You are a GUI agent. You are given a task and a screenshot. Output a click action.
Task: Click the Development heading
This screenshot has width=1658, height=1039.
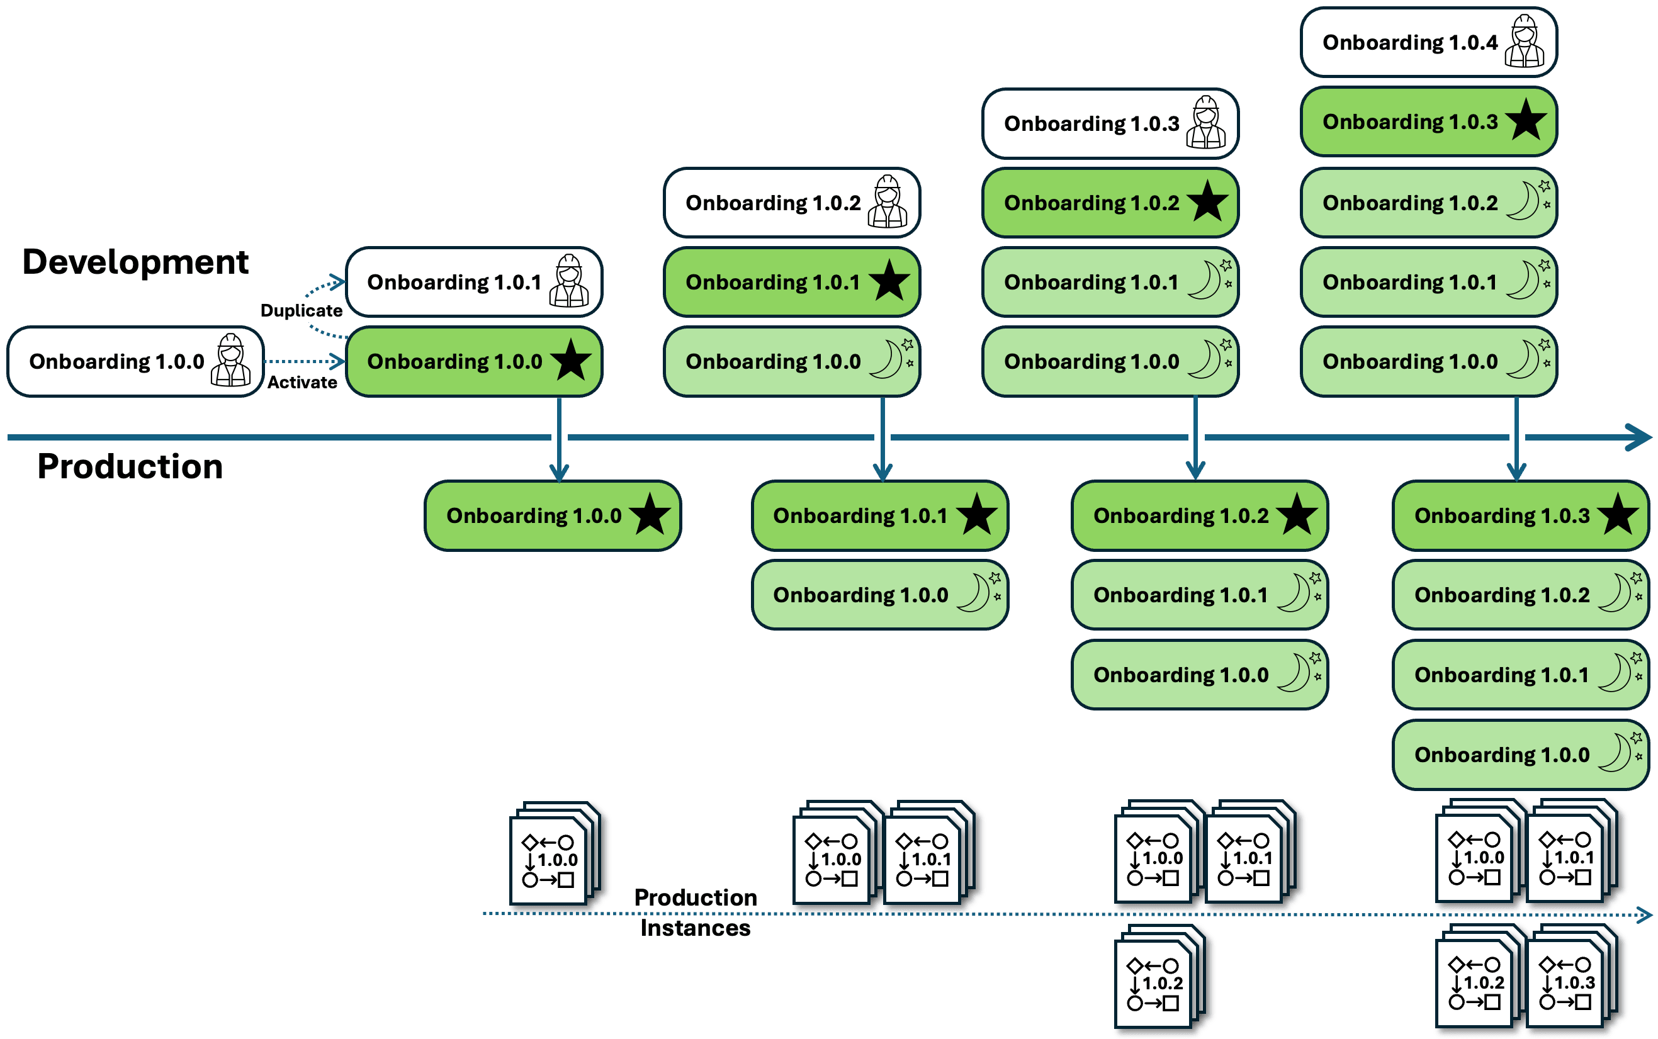[135, 262]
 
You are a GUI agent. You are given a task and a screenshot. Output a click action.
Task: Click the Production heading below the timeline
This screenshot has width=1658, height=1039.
[130, 466]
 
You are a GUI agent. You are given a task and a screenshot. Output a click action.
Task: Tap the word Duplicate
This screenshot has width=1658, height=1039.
[301, 311]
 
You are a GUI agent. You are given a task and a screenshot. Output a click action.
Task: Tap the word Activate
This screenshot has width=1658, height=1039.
[302, 383]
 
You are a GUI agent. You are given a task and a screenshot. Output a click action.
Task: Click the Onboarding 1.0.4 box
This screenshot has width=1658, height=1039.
[1428, 42]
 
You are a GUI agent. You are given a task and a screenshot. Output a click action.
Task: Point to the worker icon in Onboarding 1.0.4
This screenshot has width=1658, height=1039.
[1524, 42]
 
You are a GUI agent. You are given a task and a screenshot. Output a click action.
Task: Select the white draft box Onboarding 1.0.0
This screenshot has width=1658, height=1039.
[135, 361]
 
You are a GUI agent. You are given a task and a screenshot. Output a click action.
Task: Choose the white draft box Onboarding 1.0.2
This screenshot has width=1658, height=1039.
[792, 203]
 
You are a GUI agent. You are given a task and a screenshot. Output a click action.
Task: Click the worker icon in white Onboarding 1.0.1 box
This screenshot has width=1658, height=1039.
[569, 281]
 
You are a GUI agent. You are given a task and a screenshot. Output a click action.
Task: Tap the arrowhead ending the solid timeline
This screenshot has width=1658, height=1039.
[1641, 437]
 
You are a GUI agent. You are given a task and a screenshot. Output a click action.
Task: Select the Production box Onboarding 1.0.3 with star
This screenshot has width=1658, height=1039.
[1521, 515]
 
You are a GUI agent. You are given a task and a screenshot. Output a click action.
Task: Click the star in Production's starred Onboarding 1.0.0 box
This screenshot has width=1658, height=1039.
[650, 515]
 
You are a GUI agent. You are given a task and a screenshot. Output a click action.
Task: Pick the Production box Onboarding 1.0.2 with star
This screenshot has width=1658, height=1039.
[1200, 515]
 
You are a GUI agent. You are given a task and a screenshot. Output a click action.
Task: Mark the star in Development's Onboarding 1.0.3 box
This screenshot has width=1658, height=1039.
[1525, 120]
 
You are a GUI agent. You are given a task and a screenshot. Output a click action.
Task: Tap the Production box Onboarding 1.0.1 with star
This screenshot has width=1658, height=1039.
[880, 515]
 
